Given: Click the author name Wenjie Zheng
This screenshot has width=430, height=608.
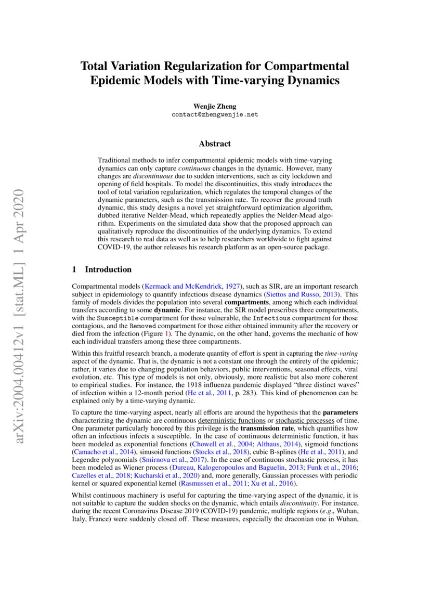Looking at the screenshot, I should click(x=215, y=106).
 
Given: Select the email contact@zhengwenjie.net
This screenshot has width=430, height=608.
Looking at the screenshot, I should click(x=215, y=114).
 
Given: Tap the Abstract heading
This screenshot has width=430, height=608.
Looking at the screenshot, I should click(x=215, y=144).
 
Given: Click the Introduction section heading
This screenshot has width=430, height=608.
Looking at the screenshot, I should click(x=108, y=269).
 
